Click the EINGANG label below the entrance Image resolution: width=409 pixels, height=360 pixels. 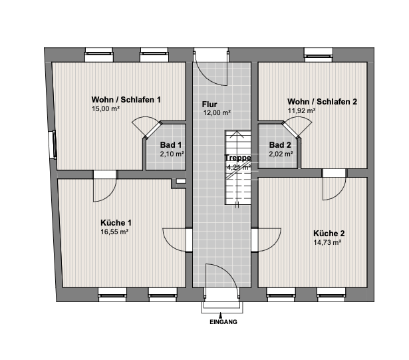(x=223, y=322)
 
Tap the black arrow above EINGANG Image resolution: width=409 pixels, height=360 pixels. (x=221, y=315)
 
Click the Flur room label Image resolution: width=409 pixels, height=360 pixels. (x=209, y=104)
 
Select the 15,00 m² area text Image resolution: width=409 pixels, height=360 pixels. (x=106, y=109)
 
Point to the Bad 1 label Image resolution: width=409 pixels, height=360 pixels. (x=171, y=144)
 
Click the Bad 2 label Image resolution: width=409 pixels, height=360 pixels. (x=280, y=144)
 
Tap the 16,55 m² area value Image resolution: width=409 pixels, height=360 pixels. (x=114, y=232)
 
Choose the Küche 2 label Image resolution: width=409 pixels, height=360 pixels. (x=329, y=233)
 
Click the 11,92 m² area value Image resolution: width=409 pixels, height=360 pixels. (x=301, y=110)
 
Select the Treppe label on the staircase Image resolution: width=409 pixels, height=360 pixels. (x=238, y=158)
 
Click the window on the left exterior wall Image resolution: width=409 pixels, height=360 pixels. (x=53, y=144)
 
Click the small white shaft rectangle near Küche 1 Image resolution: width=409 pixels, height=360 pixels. (x=181, y=181)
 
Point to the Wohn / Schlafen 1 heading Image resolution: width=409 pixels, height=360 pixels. (x=126, y=100)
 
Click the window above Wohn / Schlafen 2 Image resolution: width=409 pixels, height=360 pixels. (x=319, y=55)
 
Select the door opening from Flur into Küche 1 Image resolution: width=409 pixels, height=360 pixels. (x=189, y=240)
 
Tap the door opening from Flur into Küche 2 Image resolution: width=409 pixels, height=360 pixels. (x=255, y=240)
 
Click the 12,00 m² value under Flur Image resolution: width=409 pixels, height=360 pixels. (x=217, y=112)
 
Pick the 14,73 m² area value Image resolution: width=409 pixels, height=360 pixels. (x=327, y=242)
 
